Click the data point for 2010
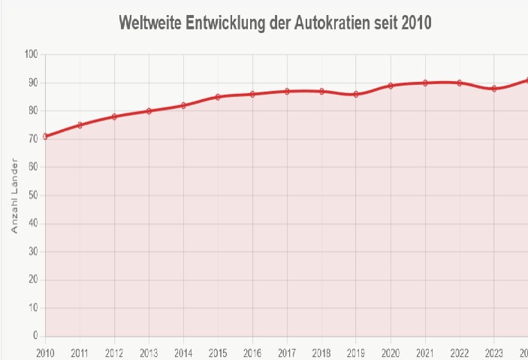(45, 136)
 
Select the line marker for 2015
(218, 97)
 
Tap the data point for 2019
(356, 94)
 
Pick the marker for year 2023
(494, 89)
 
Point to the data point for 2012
(114, 116)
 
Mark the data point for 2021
(425, 83)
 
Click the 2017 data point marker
(287, 91)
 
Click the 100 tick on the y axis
(30, 54)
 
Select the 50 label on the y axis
(32, 195)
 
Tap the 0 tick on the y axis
(35, 336)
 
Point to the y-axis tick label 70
(32, 139)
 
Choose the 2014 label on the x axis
(183, 352)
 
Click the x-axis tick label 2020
(391, 352)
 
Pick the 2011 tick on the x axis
(80, 352)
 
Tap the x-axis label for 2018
(321, 352)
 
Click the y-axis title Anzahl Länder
(14, 195)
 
